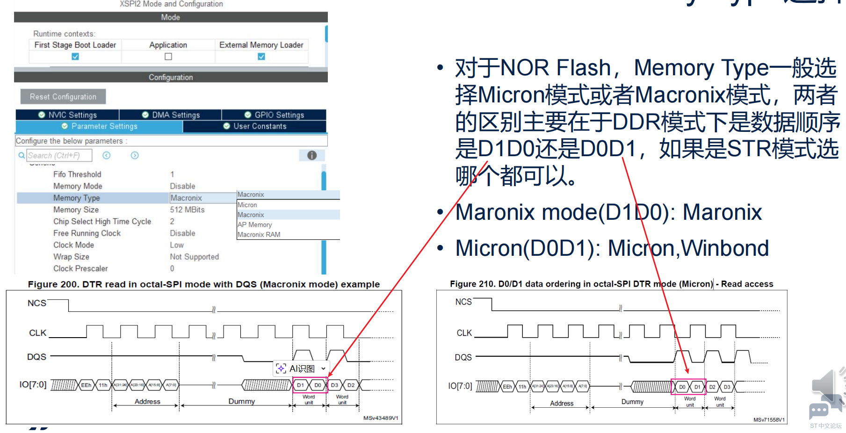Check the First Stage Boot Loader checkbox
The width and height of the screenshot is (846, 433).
[75, 57]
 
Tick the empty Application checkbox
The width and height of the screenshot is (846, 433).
[168, 57]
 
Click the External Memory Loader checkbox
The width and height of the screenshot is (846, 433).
[261, 57]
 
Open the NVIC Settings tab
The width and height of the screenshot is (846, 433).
[68, 115]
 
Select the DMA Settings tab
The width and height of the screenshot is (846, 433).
[171, 115]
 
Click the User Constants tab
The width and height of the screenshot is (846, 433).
[255, 126]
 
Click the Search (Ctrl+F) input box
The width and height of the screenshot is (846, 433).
[59, 155]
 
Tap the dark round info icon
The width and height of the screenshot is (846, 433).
[312, 155]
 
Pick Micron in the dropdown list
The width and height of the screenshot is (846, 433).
[247, 205]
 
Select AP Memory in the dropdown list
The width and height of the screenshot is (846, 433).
[254, 224]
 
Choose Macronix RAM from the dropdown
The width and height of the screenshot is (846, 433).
[259, 235]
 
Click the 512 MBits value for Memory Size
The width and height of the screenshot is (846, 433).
[187, 210]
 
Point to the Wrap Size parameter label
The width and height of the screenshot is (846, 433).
[71, 257]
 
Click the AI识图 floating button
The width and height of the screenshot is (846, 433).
[301, 368]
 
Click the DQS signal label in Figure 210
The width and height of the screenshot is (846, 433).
[463, 357]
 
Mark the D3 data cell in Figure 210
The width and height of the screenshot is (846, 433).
[727, 387]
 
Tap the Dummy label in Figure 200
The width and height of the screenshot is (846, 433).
[241, 401]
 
